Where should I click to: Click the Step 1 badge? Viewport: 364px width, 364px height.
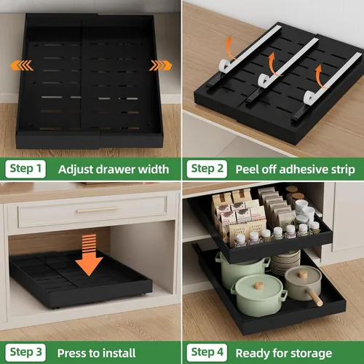[25, 169]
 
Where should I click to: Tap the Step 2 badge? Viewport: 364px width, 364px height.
[207, 169]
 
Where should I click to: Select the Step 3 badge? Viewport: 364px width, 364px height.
[25, 352]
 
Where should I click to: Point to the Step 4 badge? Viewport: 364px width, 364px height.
[207, 352]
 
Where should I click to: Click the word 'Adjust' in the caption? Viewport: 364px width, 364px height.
[75, 170]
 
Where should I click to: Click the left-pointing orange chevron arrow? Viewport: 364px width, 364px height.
[22, 66]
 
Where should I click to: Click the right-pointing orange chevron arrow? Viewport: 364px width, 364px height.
[160, 66]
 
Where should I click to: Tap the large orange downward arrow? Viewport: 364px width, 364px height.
[89, 255]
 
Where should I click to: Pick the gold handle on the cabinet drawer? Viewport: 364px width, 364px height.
[98, 210]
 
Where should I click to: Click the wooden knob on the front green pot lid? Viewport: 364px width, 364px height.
[258, 285]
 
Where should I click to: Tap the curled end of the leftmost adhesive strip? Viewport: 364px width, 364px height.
[225, 66]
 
